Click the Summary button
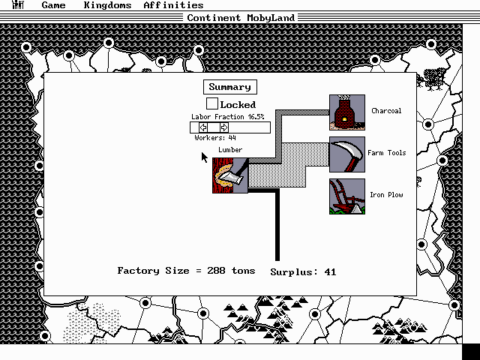click(x=229, y=87)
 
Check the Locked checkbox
click(x=212, y=104)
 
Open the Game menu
click(x=53, y=5)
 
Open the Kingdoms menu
click(x=107, y=5)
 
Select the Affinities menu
click(x=173, y=5)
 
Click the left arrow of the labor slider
click(x=203, y=127)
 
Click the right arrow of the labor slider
click(x=223, y=127)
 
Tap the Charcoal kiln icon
click(x=346, y=112)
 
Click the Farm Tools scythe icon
click(x=346, y=154)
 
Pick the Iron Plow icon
click(x=346, y=196)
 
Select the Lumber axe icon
click(x=229, y=175)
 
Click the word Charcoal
click(x=386, y=111)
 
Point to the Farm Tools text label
click(x=386, y=153)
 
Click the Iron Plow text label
click(x=386, y=195)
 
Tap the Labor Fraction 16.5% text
click(x=227, y=117)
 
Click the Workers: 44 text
click(x=215, y=138)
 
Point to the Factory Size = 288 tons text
click(x=186, y=271)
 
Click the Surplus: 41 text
click(x=303, y=272)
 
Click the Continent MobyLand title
click(x=240, y=18)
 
